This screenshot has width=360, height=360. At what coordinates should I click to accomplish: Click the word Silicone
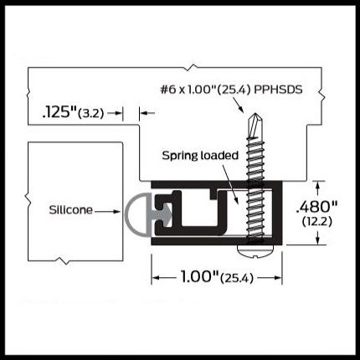pyautogui.click(x=70, y=210)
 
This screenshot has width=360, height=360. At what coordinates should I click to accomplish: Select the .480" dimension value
pyautogui.click(x=316, y=207)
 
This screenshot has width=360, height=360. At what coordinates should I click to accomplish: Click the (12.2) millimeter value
pyautogui.click(x=316, y=222)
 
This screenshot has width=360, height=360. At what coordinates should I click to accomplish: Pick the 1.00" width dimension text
pyautogui.click(x=199, y=277)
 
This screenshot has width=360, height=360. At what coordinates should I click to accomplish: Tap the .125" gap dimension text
pyautogui.click(x=59, y=112)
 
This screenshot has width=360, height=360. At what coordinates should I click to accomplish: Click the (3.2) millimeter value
pyautogui.click(x=91, y=114)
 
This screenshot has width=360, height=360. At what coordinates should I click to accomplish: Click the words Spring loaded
pyautogui.click(x=200, y=155)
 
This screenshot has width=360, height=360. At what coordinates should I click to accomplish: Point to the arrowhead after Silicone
pyautogui.click(x=117, y=212)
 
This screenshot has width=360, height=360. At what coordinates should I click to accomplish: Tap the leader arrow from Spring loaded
pyautogui.click(x=230, y=183)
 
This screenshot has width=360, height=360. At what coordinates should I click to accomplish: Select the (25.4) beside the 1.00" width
pyautogui.click(x=237, y=278)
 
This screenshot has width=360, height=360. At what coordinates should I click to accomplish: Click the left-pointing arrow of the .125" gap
pyautogui.click(x=147, y=113)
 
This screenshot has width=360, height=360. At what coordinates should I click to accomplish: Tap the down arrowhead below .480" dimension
pyautogui.click(x=317, y=241)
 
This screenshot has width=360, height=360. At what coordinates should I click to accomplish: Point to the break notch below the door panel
pyautogui.click(x=63, y=261)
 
